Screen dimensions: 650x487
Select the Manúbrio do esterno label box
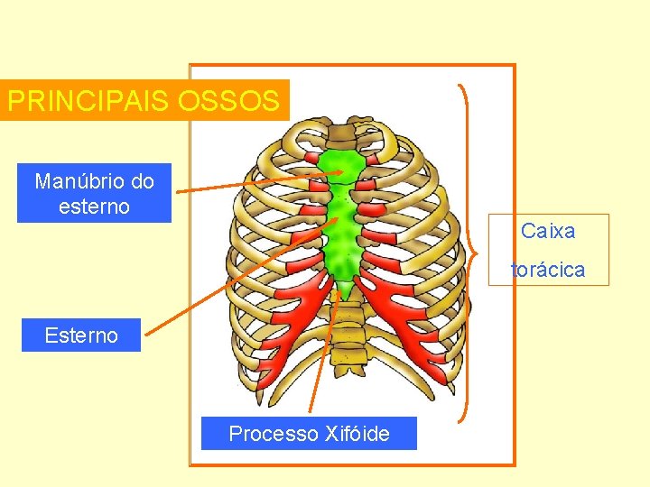(x=94, y=193)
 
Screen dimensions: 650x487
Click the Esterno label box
(x=81, y=335)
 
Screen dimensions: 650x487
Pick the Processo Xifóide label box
(x=309, y=434)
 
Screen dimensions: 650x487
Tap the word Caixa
(x=548, y=231)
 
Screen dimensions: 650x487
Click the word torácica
(x=548, y=270)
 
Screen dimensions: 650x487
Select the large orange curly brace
(x=465, y=253)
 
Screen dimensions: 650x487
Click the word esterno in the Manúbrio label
(x=94, y=207)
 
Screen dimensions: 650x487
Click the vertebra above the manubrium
(x=341, y=135)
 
